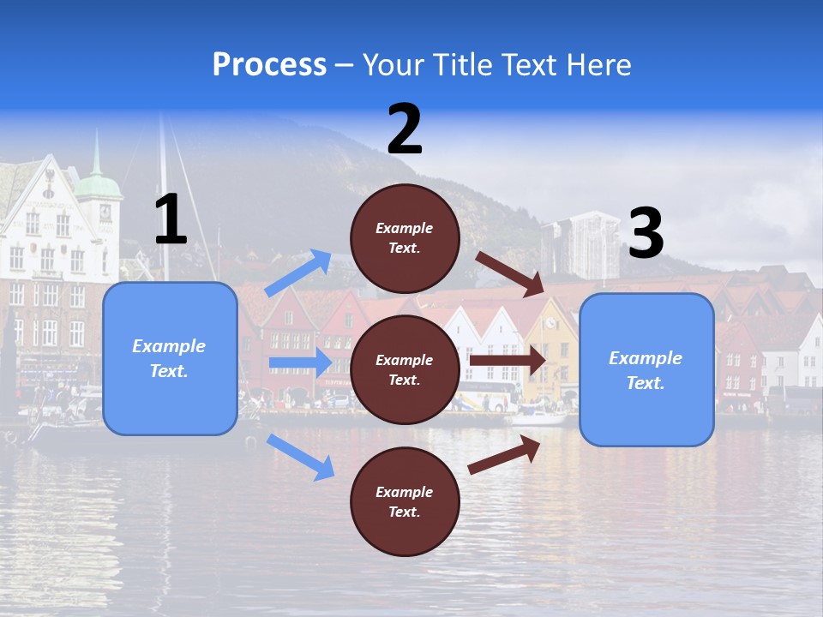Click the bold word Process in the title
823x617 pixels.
tap(269, 65)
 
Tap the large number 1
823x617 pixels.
tap(171, 219)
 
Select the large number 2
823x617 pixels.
tap(405, 129)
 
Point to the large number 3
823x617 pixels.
tap(646, 233)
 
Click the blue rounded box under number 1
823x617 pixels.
tap(170, 358)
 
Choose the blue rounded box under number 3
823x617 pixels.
tap(646, 370)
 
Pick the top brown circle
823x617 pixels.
tap(405, 238)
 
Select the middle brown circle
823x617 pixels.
tap(405, 369)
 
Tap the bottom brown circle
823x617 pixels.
tap(405, 501)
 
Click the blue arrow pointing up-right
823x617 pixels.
tap(298, 273)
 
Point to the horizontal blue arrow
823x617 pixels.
tap(299, 362)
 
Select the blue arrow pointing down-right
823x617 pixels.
tap(300, 456)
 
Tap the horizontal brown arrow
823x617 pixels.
tap(508, 361)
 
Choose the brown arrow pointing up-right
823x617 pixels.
tap(504, 454)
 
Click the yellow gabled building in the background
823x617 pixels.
tap(550, 351)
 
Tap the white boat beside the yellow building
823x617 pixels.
tap(538, 417)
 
